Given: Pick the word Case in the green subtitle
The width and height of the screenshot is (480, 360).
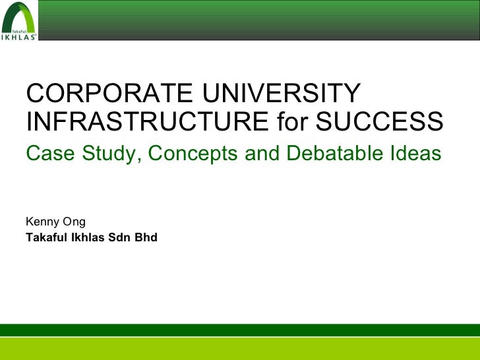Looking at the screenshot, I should coord(48,154).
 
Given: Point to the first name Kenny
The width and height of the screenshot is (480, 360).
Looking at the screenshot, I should coord(41,222).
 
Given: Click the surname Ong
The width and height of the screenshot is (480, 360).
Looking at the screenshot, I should coord(73,223).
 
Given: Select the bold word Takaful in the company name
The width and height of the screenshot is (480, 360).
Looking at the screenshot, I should coord(46,237).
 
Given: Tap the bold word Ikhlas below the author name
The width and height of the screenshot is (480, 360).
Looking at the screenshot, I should coord(86,237).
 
